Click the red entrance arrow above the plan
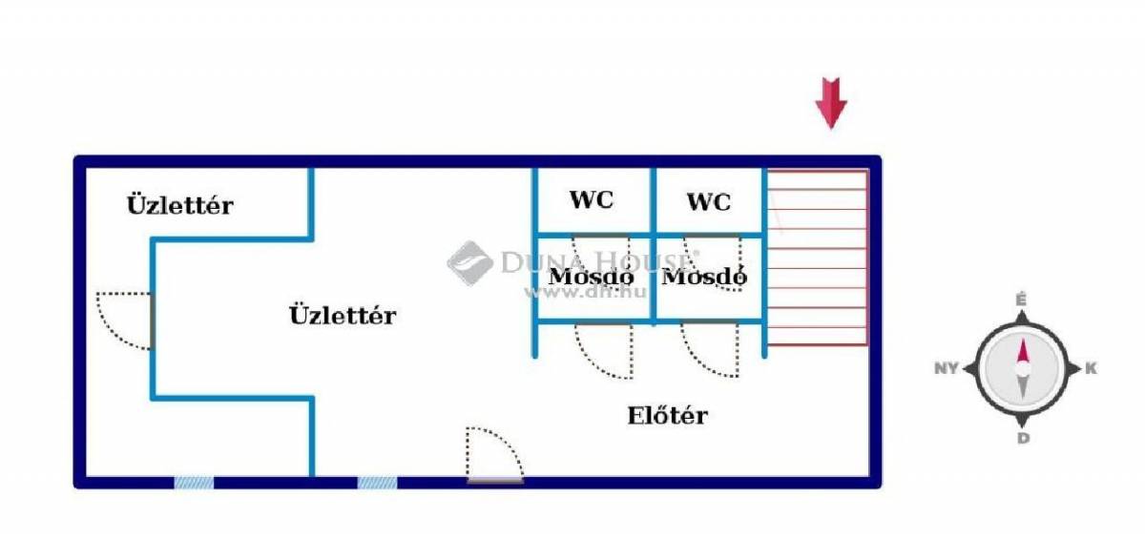[831, 103]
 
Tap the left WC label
[592, 199]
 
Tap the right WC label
[708, 202]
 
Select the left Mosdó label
[591, 277]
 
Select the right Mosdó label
[704, 277]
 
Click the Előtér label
[668, 415]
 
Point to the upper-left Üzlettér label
[180, 205]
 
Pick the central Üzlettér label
[343, 315]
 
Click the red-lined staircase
[818, 258]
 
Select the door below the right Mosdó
[710, 349]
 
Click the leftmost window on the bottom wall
[195, 483]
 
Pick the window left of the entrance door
[377, 483]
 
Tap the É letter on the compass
[1021, 300]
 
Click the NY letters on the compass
[947, 368]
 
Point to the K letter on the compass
[1091, 368]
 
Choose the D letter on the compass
[1023, 439]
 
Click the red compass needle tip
[1023, 340]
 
